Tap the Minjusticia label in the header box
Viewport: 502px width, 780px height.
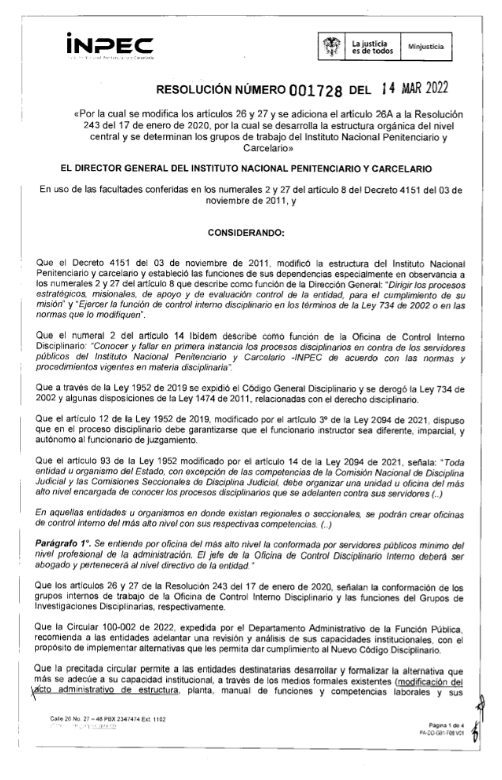tap(426, 47)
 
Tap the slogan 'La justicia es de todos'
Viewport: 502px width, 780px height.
tap(372, 47)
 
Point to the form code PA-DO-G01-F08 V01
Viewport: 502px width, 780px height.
tap(441, 732)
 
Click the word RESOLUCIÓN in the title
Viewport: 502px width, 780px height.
tap(194, 90)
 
